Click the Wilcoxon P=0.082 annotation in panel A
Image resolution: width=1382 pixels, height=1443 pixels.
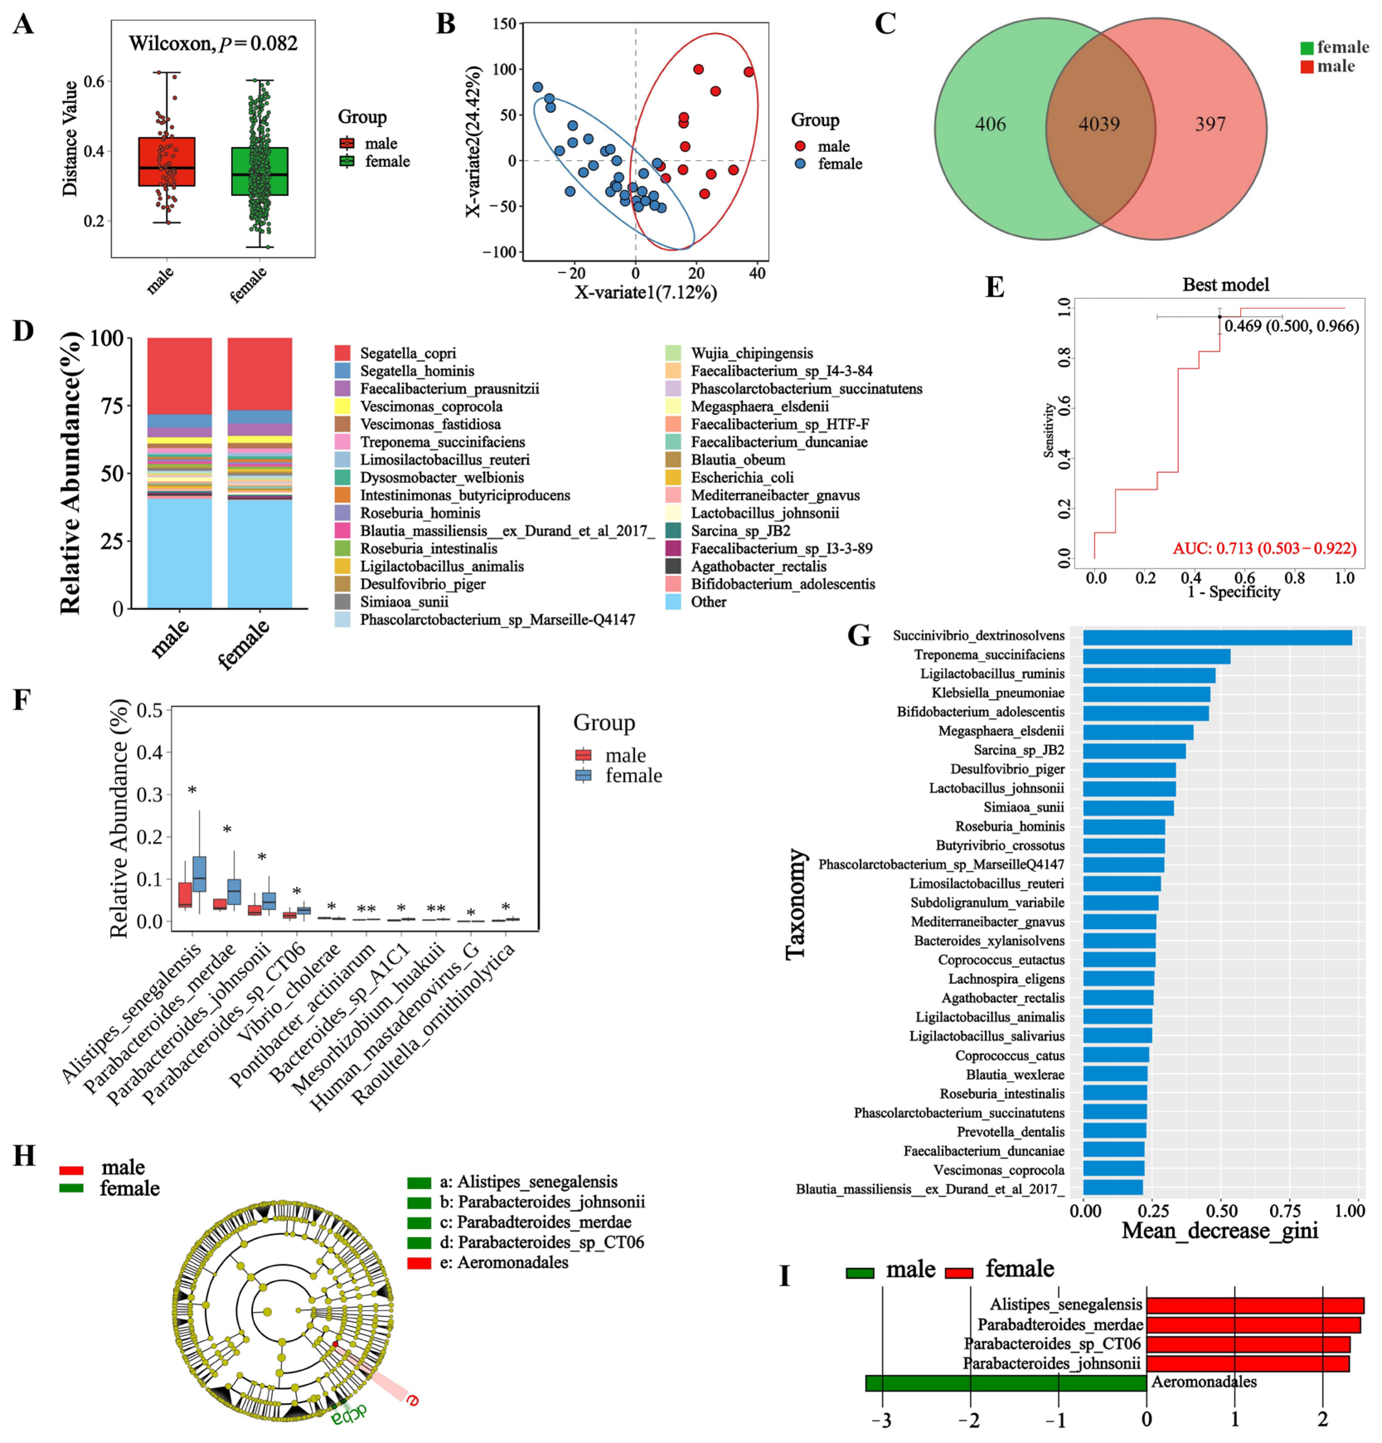(213, 44)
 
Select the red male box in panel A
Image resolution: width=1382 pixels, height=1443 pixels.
(166, 161)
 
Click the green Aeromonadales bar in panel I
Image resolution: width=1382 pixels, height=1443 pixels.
(1005, 1382)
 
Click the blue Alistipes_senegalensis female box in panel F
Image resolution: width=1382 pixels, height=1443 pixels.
(199, 873)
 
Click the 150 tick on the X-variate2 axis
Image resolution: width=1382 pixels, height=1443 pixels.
(504, 24)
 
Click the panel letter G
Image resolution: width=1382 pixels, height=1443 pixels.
(859, 635)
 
